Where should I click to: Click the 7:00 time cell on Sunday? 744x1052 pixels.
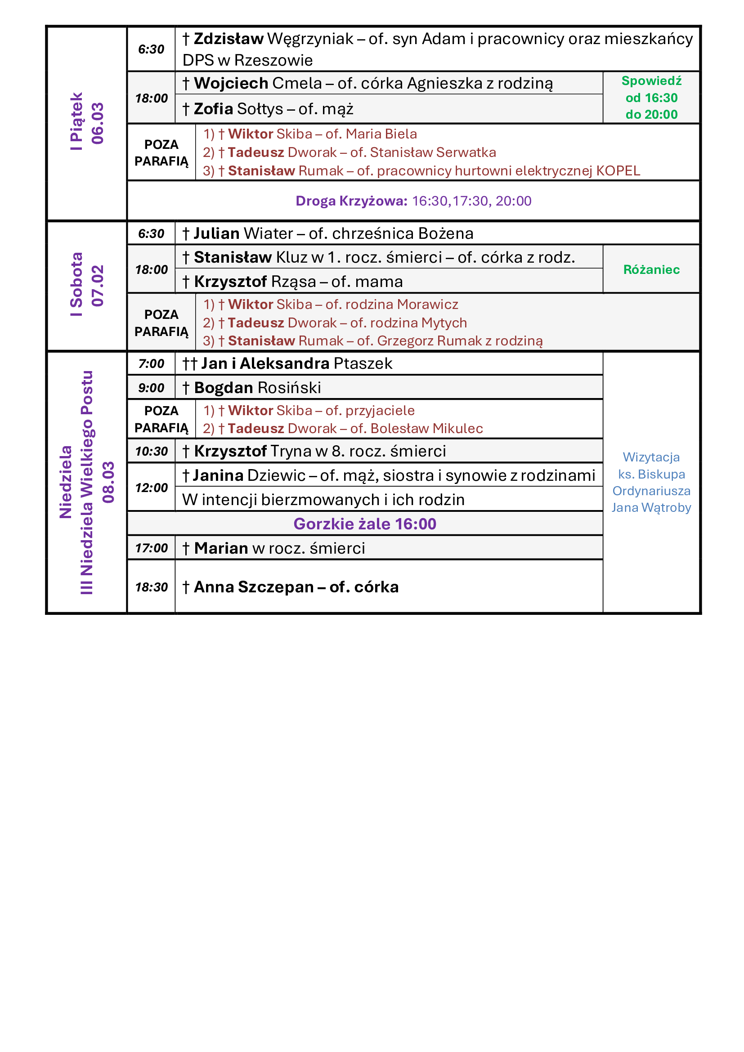click(x=151, y=364)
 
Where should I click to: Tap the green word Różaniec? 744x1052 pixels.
click(x=651, y=269)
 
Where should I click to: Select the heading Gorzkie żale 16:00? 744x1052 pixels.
click(x=365, y=524)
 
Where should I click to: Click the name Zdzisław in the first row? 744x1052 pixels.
click(x=228, y=39)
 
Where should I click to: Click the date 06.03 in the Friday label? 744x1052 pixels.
click(x=98, y=123)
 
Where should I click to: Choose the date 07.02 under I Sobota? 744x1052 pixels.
click(x=98, y=286)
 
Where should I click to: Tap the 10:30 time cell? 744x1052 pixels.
click(x=151, y=451)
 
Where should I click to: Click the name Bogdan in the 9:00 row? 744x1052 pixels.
click(x=224, y=388)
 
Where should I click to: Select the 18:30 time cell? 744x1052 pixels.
click(x=151, y=587)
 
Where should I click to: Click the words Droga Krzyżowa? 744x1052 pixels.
click(x=351, y=201)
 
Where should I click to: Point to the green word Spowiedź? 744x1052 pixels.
click(x=651, y=81)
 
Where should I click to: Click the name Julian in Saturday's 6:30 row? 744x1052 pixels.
click(x=216, y=234)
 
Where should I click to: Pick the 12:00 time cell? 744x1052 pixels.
click(x=151, y=488)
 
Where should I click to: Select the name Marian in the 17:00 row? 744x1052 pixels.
click(x=221, y=548)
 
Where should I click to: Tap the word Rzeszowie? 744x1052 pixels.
click(x=273, y=60)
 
